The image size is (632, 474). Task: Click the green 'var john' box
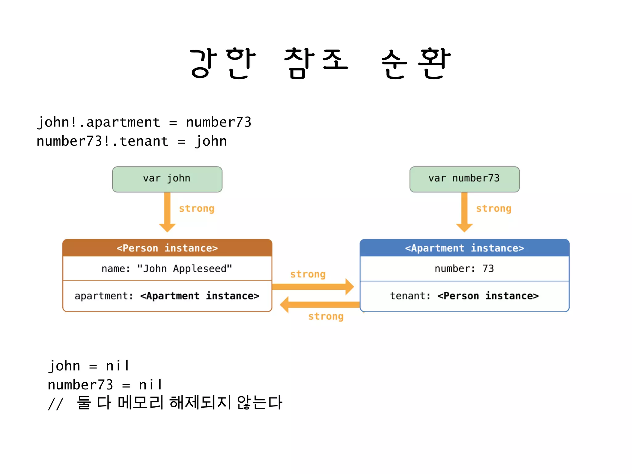(x=167, y=179)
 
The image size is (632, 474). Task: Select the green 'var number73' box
(x=464, y=179)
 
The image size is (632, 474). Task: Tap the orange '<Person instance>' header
(x=167, y=248)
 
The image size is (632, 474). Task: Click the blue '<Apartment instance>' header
(x=464, y=248)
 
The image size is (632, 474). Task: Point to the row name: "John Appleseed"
(x=167, y=268)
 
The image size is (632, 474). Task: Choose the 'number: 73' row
(x=464, y=268)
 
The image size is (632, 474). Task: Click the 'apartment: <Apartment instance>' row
(x=167, y=296)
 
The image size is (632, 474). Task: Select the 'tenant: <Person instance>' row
(x=464, y=296)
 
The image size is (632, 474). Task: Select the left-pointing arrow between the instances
(x=319, y=305)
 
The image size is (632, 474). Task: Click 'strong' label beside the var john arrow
(x=197, y=209)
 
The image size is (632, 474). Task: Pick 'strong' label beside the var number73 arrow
(x=493, y=209)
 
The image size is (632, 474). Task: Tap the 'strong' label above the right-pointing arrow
(x=308, y=274)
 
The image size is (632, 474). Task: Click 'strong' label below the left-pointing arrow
(x=326, y=316)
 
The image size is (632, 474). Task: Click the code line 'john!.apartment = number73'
(x=144, y=122)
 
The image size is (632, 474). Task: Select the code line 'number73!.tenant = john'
(x=132, y=141)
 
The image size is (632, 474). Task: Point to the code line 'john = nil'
(x=89, y=366)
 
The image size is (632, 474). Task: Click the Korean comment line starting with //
(x=165, y=403)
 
